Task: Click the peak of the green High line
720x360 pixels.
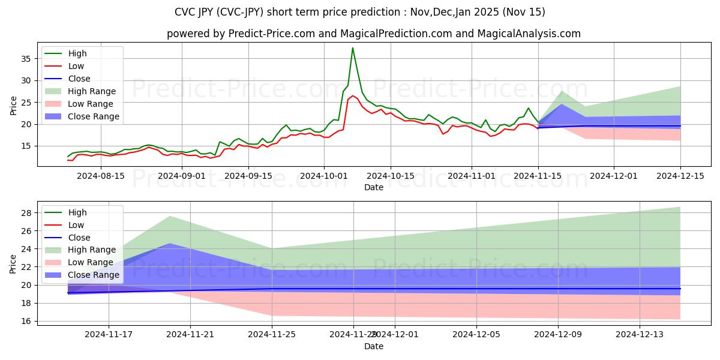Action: [x=352, y=48]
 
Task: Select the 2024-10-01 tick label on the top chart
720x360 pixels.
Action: [x=324, y=175]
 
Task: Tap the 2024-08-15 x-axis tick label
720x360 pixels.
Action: [x=100, y=175]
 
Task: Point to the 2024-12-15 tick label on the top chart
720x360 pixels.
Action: [x=680, y=175]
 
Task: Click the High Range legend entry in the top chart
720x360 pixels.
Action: [x=92, y=91]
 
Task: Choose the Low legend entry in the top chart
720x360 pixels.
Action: [x=76, y=66]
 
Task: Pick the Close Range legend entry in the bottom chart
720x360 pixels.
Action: [x=94, y=275]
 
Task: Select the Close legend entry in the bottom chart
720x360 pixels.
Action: [x=79, y=237]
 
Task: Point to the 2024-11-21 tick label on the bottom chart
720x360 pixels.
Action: [x=190, y=335]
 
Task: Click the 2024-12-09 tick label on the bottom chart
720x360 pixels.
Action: [x=558, y=335]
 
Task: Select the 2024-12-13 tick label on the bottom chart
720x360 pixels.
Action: [x=640, y=335]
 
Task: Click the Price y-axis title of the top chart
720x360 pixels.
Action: [x=13, y=105]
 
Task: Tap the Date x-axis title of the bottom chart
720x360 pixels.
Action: [x=373, y=346]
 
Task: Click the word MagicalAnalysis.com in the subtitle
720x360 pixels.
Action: [x=528, y=34]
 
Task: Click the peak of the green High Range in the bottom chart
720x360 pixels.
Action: [x=170, y=216]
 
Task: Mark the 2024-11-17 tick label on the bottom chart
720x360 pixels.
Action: [x=109, y=335]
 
